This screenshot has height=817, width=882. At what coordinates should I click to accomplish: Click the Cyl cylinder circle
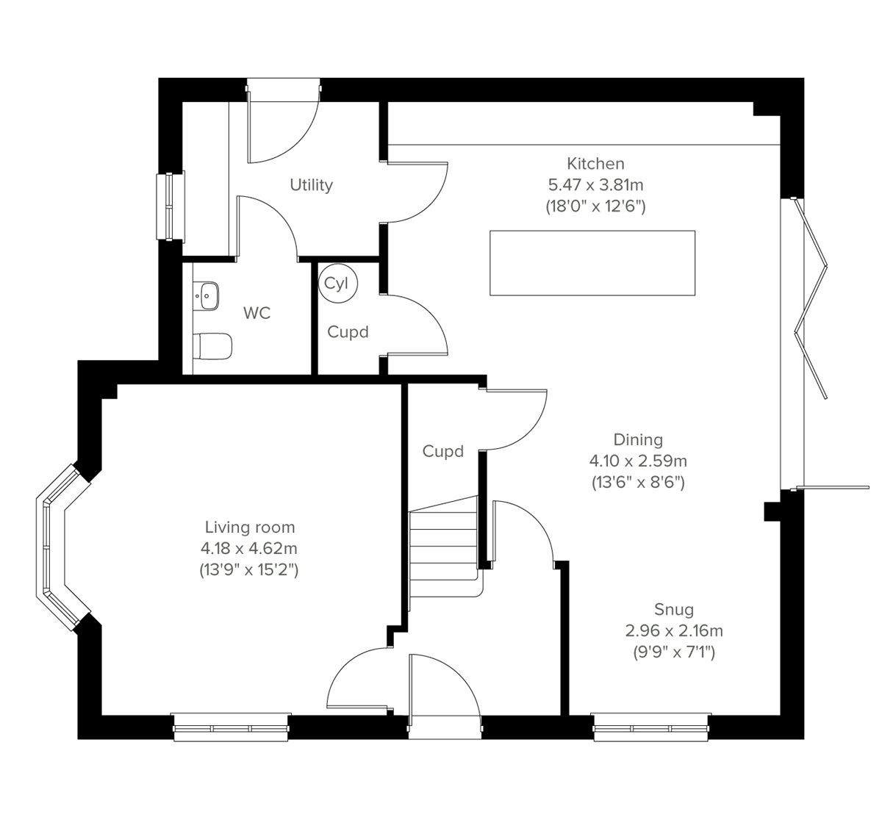point(337,283)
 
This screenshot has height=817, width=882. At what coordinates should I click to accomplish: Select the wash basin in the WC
point(208,295)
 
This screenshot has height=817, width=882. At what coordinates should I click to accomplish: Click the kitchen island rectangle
point(592,263)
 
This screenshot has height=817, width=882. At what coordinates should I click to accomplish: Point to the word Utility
point(311,185)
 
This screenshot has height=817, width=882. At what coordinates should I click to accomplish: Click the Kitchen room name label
point(595,163)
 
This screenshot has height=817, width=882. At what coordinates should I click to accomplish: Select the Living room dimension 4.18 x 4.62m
point(248,548)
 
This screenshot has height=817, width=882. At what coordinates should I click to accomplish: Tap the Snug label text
point(674,609)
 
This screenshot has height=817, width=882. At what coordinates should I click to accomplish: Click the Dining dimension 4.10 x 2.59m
point(638,461)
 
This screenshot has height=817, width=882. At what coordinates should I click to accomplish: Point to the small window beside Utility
point(171,206)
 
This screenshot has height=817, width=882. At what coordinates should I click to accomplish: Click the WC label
point(257,314)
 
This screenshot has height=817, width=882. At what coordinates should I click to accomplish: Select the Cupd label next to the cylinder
point(348,332)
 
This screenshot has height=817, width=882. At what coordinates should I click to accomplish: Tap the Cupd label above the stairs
point(443,451)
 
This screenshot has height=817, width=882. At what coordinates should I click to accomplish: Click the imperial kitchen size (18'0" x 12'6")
point(595,206)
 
